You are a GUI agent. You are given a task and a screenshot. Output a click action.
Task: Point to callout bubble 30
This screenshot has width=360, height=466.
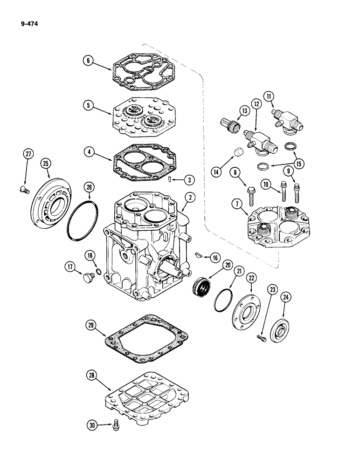91,425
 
